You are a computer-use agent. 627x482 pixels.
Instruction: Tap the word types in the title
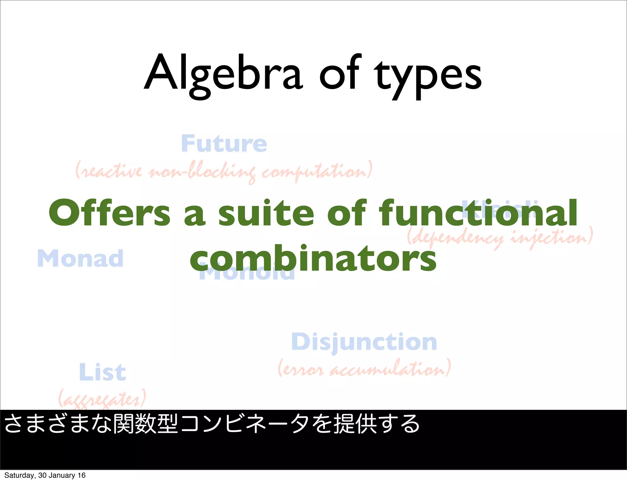pos(429,76)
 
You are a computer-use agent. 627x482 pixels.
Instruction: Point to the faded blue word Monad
pos(80,258)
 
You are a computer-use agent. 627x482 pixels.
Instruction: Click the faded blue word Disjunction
pos(364,342)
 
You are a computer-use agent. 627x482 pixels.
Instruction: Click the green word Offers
pos(110,213)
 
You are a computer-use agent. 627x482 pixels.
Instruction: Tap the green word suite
pos(266,213)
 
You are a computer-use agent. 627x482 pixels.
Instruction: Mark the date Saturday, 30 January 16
pos(45,475)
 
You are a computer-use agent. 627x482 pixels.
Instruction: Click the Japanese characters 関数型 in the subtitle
pos(145,424)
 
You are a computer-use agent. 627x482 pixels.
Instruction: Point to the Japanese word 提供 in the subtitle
pos(355,424)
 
